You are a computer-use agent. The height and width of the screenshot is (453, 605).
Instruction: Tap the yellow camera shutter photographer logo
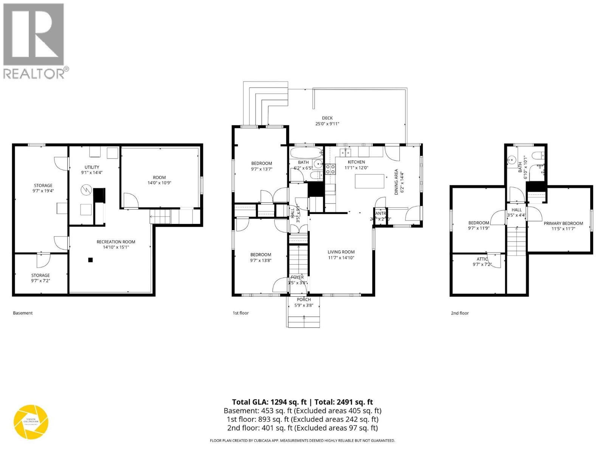tap(31, 422)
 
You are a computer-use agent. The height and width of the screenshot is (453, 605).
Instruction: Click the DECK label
tap(327, 118)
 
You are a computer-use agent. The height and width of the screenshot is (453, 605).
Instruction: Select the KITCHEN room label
tap(356, 162)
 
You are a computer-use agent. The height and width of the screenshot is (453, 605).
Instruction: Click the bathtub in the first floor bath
tap(306, 153)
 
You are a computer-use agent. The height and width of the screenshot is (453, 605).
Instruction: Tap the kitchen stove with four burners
tap(330, 169)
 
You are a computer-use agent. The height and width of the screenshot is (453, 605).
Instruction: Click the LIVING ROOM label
tap(341, 252)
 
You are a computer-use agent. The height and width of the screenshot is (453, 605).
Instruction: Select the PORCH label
tap(304, 300)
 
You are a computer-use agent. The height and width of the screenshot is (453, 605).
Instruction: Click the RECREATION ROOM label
tap(116, 242)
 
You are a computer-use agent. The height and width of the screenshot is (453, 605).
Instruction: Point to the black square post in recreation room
tap(90, 260)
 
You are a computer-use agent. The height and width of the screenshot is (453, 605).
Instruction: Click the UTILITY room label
tap(92, 167)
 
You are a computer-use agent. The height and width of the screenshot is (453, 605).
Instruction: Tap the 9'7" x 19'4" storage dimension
tap(43, 191)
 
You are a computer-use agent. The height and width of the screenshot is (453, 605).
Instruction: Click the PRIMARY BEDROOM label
tap(563, 223)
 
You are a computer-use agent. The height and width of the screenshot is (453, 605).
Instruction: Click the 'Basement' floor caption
tap(23, 313)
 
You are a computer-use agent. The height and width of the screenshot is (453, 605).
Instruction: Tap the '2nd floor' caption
tap(459, 313)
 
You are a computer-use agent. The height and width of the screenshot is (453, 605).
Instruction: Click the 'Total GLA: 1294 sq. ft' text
tap(269, 402)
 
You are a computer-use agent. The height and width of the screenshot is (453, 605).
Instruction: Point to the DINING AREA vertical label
tap(396, 182)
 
